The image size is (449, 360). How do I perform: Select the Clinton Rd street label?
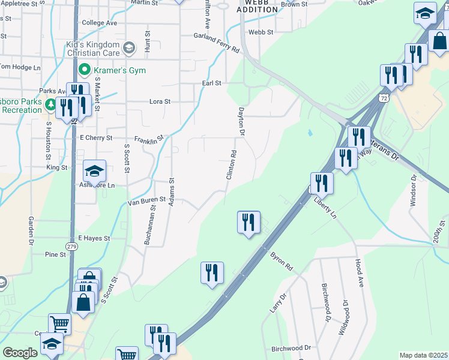coord(231,165)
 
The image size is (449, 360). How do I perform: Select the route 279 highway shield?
coord(72,246)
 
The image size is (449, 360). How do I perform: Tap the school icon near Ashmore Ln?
coord(94,172)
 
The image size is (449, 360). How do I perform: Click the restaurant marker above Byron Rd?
coord(248,223)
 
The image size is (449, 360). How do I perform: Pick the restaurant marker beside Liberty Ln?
coord(322,183)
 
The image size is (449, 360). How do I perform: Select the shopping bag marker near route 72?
coord(439,42)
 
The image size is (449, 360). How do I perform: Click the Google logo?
coord(20,353)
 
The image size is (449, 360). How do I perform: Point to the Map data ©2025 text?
coord(423,355)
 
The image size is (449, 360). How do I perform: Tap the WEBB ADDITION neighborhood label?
coord(257,7)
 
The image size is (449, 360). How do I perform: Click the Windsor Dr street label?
coord(413,191)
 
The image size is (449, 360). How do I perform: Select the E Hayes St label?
coord(94,238)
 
